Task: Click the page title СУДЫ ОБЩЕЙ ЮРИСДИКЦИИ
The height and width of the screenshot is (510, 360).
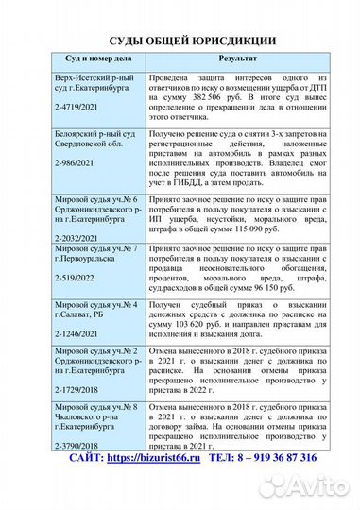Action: point(180,41)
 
